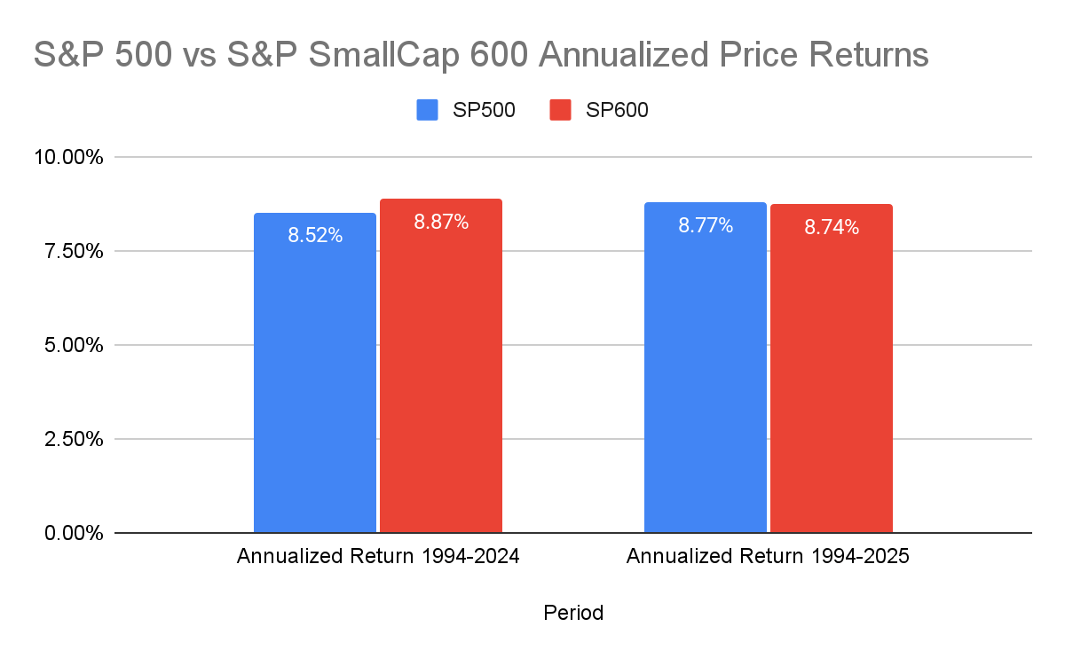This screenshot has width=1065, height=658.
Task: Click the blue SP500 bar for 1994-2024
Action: click(x=314, y=381)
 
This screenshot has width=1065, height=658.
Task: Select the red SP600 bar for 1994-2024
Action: click(x=441, y=372)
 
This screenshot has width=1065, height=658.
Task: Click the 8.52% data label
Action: click(x=314, y=236)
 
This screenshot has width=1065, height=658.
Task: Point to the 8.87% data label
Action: click(x=441, y=223)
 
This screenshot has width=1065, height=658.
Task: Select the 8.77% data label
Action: click(x=706, y=226)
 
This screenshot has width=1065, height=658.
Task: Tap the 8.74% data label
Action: click(x=832, y=228)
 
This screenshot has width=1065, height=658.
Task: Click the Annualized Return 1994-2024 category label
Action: click(x=377, y=558)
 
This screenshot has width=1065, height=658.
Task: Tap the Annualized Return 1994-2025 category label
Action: click(x=768, y=558)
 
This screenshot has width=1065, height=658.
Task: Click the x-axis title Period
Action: click(x=573, y=613)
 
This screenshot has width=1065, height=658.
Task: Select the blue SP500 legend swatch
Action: click(x=427, y=110)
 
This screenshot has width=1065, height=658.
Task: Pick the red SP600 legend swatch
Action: click(x=561, y=110)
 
